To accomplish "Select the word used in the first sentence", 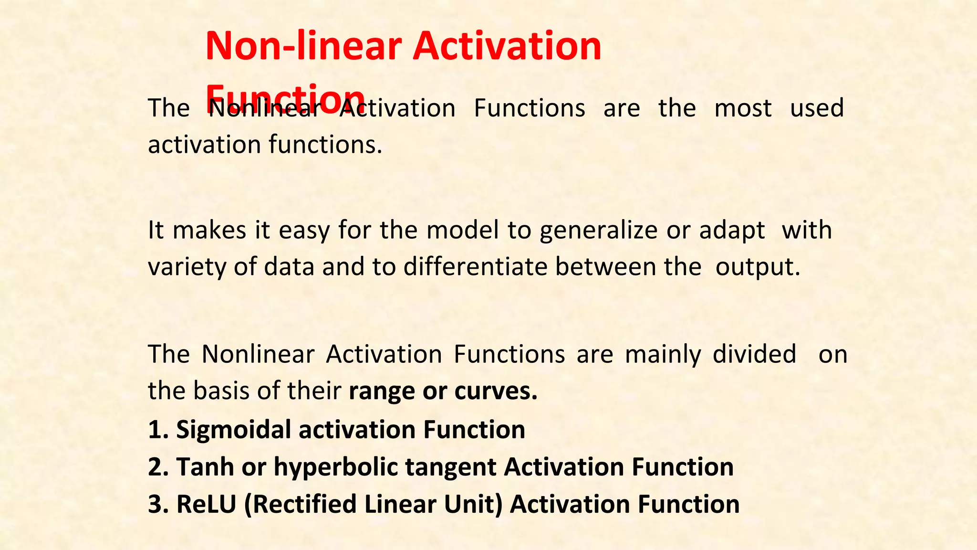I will pos(817,108).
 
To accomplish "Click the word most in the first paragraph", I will pos(742,108).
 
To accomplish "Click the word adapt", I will pos(732,231).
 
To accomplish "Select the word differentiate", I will pos(475,267).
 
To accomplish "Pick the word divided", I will pos(754,354).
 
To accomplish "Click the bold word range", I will pos(382,391).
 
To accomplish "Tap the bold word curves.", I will pos(496,391).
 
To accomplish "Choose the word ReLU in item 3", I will pos(206,505).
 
